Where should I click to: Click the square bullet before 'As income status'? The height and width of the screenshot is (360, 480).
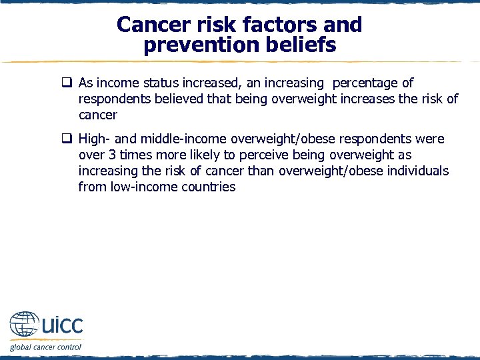pos(67,83)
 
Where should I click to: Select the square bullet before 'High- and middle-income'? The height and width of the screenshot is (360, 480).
pos(67,139)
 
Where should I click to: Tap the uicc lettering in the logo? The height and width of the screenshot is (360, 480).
pos(61,325)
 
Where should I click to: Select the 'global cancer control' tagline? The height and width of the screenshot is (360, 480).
pos(45,347)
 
